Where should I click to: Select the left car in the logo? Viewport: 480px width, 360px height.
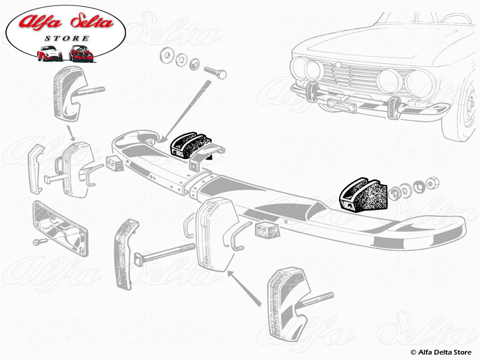50,54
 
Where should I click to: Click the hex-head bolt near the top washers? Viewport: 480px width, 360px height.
215,73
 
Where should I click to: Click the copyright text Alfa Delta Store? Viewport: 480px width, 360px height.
442,352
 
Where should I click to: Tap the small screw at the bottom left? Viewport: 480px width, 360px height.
37,242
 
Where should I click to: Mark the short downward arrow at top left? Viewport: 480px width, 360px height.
70,132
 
